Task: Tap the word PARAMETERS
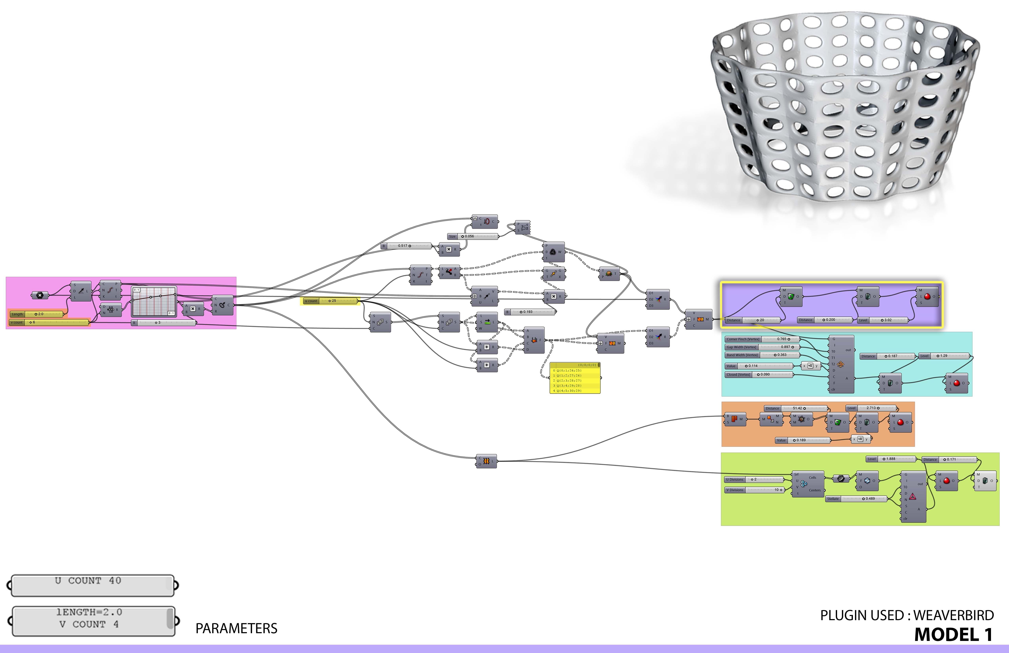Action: (236, 628)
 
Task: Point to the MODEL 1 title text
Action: (953, 635)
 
